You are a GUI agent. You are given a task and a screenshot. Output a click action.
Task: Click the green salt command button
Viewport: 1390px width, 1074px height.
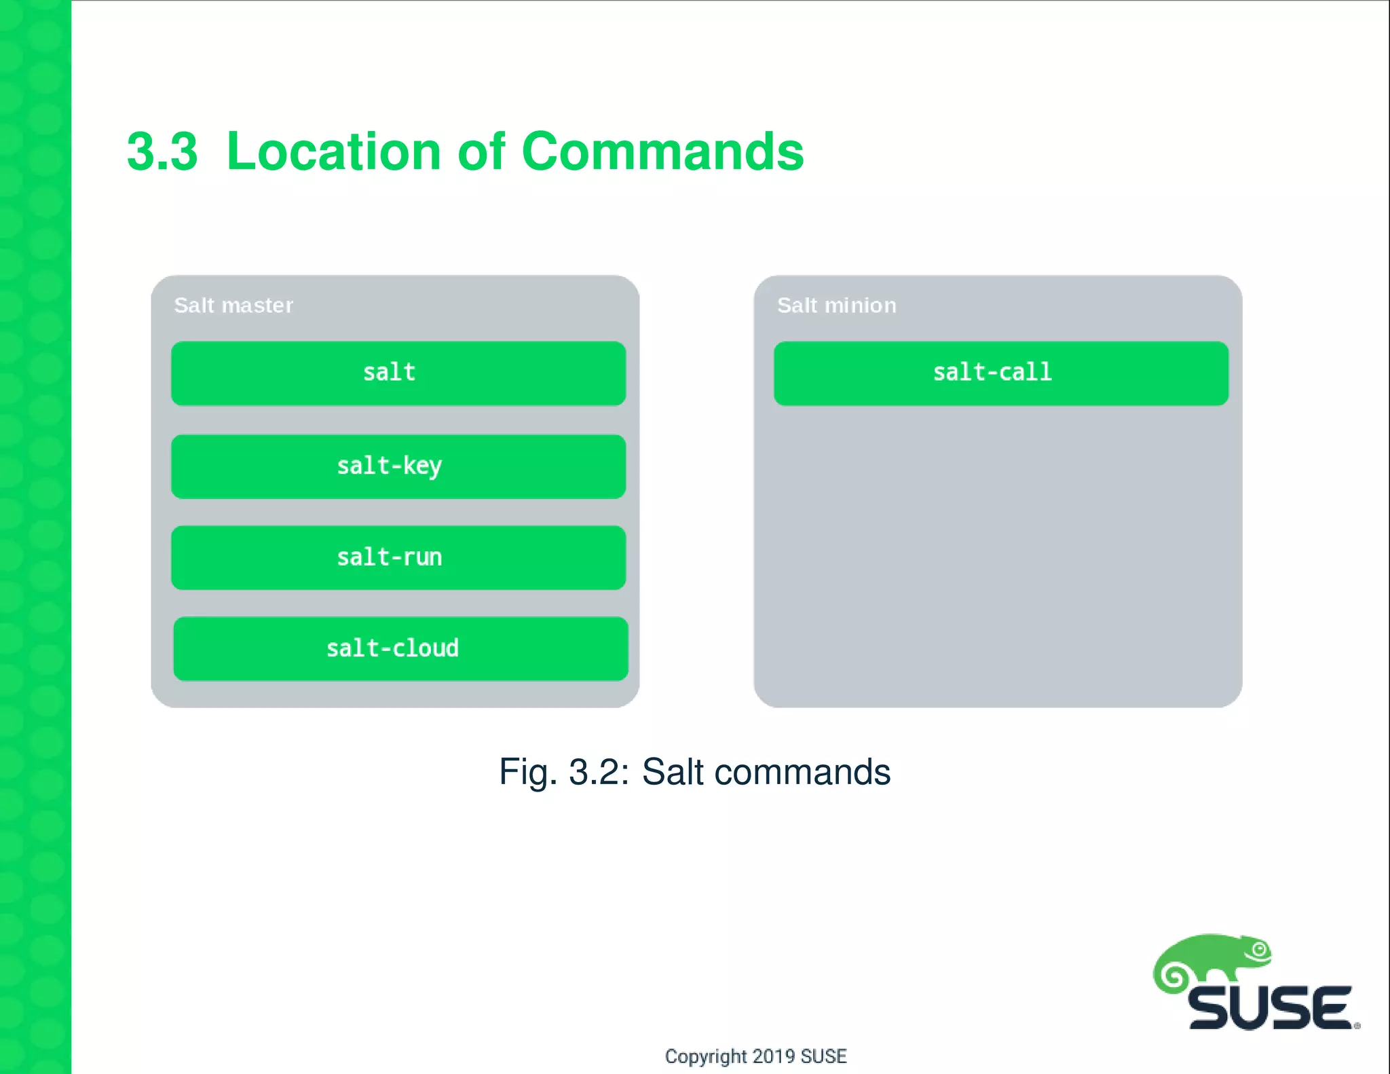tap(398, 373)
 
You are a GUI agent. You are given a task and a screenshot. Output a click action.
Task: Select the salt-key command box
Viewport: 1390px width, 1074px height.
tap(398, 466)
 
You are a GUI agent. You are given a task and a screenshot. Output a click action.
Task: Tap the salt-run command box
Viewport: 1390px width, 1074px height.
tap(398, 557)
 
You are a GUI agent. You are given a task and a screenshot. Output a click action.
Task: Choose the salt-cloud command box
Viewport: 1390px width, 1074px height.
tap(400, 648)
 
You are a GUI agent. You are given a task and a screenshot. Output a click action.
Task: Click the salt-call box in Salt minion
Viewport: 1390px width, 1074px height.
tap(1001, 373)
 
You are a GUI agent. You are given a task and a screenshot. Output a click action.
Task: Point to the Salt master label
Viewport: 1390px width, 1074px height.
tap(233, 305)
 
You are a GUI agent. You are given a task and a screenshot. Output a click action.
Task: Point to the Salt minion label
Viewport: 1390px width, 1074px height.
tap(836, 305)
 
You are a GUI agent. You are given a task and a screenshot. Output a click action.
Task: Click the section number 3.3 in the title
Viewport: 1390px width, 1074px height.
tap(162, 151)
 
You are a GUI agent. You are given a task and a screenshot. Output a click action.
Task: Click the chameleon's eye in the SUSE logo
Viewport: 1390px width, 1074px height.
tap(1260, 950)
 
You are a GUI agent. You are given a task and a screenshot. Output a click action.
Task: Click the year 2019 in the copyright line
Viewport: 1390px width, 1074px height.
tap(774, 1056)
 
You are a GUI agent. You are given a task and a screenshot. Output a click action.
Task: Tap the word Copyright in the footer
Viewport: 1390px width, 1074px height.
tap(705, 1056)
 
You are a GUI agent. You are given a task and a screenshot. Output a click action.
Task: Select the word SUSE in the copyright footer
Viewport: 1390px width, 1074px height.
tap(824, 1056)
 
